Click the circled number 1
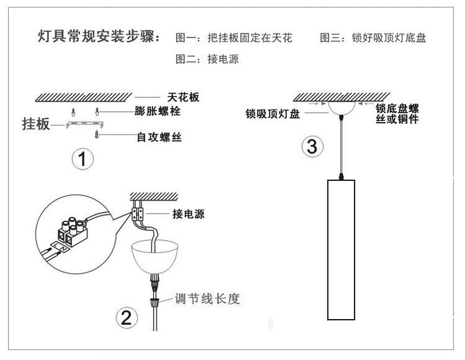[x=82, y=159]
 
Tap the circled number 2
[x=125, y=318]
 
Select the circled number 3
[x=312, y=147]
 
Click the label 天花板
[x=185, y=98]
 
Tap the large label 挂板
[x=35, y=124]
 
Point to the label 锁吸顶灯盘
[x=273, y=114]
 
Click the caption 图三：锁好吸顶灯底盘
[x=373, y=38]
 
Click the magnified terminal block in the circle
[x=72, y=229]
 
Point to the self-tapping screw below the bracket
[x=96, y=134]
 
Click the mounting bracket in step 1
[x=82, y=125]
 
